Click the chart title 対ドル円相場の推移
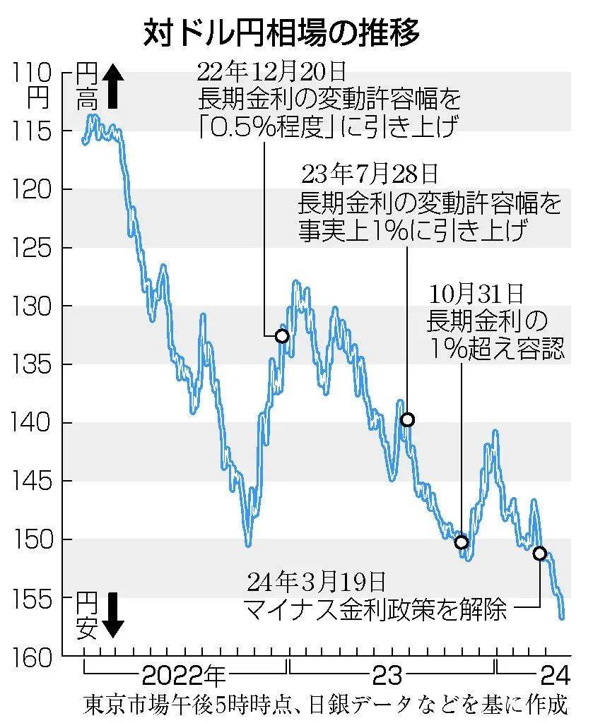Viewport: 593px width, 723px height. (281, 33)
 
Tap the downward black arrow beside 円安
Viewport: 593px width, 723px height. (113, 614)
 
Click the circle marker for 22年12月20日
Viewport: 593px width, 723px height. (281, 336)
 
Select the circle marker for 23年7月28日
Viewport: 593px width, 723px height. (407, 420)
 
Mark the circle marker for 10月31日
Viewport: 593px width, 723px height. (462, 542)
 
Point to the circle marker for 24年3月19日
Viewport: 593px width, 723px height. (540, 554)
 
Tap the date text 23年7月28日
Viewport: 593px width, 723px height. (369, 173)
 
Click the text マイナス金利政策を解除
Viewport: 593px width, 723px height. (375, 609)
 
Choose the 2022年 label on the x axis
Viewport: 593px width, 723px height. (183, 676)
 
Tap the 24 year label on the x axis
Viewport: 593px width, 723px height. (554, 676)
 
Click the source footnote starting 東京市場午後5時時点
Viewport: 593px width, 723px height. (324, 705)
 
